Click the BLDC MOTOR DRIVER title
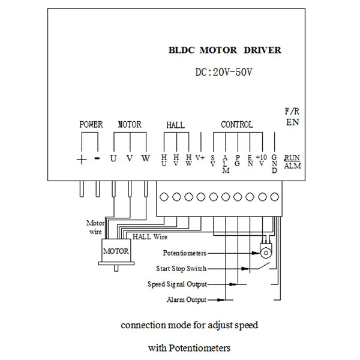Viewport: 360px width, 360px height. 225,50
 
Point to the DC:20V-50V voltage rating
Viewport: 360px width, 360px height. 224,72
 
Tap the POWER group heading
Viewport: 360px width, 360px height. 91,124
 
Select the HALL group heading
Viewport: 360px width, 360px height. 175,125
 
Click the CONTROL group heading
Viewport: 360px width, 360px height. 237,124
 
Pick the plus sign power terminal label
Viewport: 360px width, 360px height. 82,160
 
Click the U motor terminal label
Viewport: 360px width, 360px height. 113,158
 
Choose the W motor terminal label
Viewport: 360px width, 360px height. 146,158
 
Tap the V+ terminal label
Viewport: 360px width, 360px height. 200,158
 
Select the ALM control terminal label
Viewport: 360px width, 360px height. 226,164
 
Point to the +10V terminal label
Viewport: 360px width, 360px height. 262,160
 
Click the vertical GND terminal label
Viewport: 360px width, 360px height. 274,164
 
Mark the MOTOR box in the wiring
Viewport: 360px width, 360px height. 116,251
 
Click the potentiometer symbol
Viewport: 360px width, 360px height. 266,251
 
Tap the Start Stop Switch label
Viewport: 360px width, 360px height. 181,268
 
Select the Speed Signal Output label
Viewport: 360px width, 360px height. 177,284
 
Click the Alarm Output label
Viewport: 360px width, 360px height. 187,299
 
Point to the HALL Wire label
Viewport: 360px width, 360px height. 150,237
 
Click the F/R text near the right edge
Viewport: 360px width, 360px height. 292,112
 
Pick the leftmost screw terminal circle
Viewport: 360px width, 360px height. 164,197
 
